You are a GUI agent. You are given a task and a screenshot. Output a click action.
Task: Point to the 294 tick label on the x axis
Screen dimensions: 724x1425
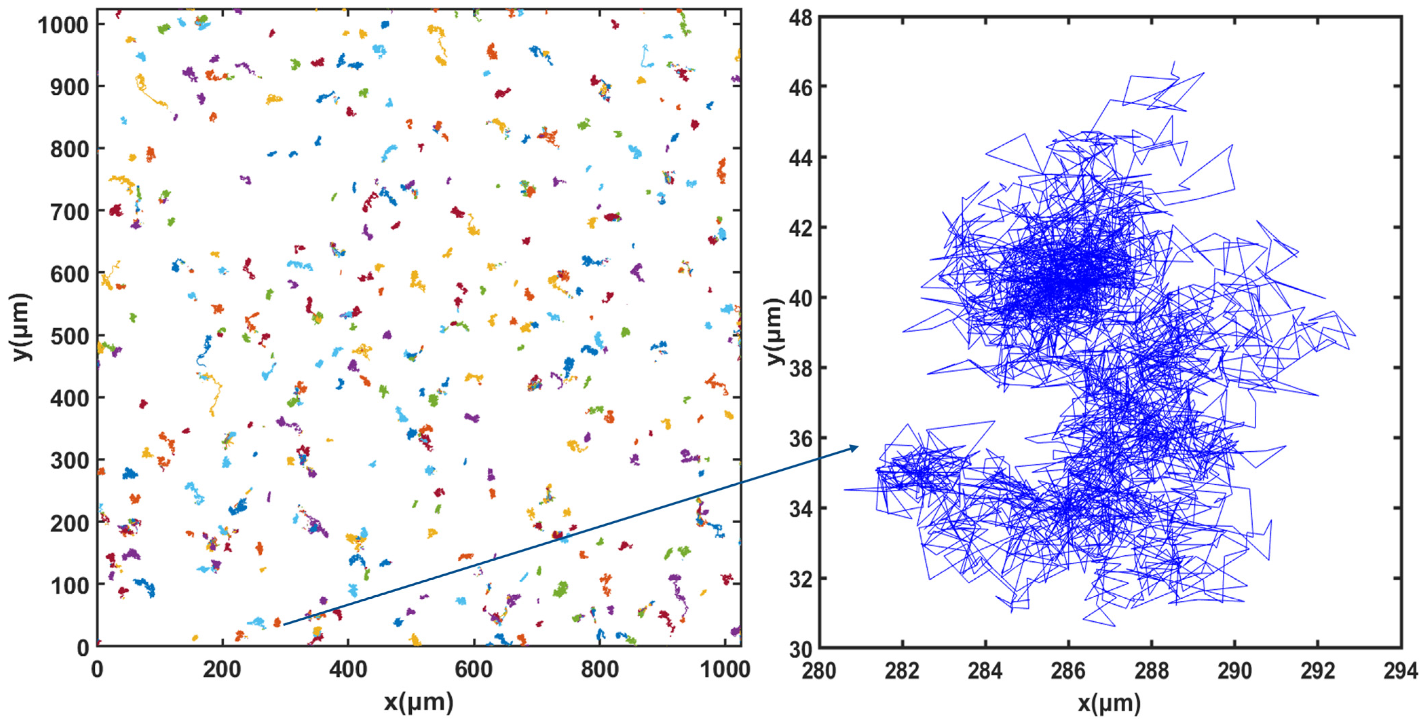coord(1400,671)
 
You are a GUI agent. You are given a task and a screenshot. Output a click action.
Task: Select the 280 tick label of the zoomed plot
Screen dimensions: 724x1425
coord(819,671)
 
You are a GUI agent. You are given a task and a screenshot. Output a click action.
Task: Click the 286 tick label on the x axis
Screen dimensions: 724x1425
coord(1068,671)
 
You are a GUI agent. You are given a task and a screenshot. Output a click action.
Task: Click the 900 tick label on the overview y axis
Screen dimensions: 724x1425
coord(69,87)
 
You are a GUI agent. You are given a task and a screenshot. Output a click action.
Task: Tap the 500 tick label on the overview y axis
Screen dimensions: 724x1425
coord(69,336)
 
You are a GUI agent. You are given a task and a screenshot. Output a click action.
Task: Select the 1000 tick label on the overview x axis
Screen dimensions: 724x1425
coord(725,670)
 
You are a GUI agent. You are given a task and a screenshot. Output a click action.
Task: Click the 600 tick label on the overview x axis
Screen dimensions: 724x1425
coord(474,670)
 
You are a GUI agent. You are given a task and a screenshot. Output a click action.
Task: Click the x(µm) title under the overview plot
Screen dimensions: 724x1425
coord(419,702)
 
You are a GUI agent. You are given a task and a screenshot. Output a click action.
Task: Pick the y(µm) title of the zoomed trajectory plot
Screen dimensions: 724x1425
coord(775,332)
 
